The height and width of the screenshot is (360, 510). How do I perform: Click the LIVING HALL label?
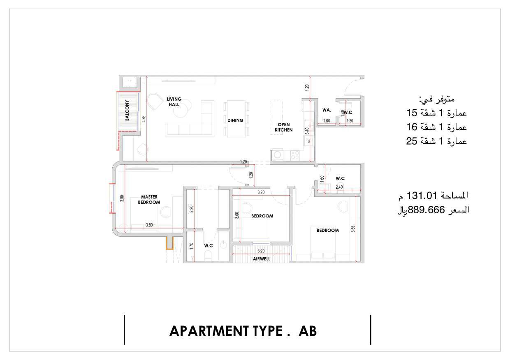pos(174,102)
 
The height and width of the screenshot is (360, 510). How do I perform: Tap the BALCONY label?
pos(127,111)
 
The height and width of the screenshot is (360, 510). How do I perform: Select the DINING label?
pos(235,120)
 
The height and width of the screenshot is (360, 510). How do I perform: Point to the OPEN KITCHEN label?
pos(284,127)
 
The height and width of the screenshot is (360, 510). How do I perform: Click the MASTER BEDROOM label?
pos(149,200)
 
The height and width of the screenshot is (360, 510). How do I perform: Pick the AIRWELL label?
pos(262,259)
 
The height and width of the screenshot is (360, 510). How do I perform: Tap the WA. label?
pos(327,110)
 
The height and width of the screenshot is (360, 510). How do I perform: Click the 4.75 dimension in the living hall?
pos(144,119)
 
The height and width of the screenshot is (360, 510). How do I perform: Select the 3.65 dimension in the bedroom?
pos(353,229)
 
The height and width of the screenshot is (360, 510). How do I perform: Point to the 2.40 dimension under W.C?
pos(339,187)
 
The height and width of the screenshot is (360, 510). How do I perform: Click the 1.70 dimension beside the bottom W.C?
pos(191,246)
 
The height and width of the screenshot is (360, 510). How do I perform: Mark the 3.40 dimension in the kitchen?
pos(307,131)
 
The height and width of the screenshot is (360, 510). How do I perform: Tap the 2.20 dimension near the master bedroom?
pos(192,209)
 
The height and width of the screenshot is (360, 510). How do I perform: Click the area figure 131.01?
pos(422,195)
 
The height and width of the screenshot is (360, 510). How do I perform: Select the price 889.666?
pos(426,210)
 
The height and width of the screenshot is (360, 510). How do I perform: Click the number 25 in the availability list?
pos(412,141)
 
